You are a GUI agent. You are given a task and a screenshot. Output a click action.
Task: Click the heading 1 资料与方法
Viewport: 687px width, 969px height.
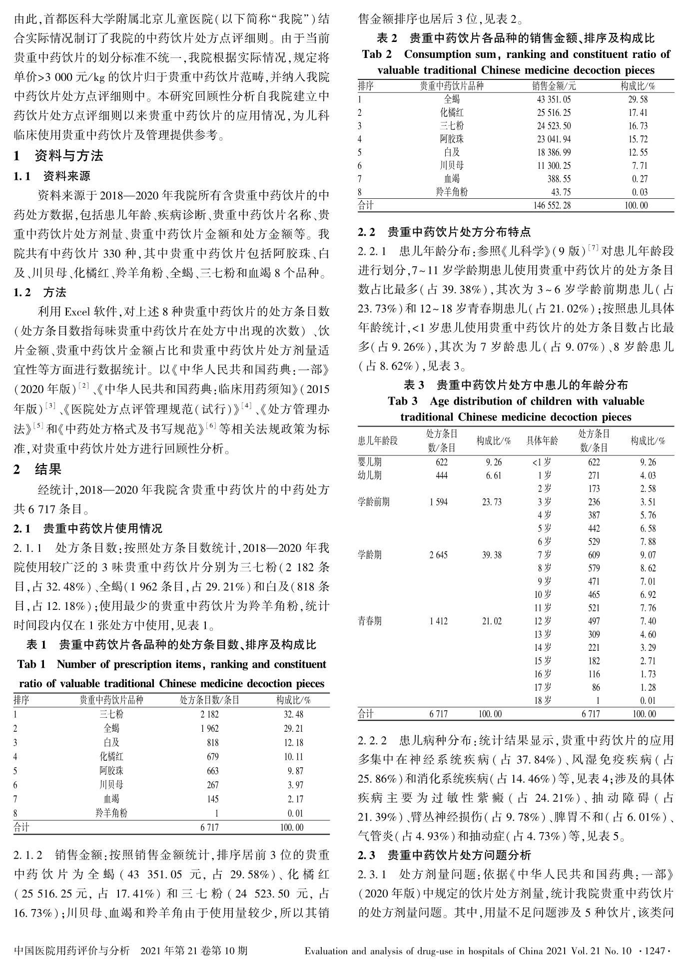click(58, 156)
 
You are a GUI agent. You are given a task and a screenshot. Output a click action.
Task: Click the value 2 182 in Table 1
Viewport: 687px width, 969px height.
click(209, 714)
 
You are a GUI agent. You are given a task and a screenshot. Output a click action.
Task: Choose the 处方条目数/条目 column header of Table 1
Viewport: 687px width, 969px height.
click(209, 700)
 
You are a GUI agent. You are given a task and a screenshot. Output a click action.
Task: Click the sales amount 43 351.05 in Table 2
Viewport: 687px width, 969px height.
click(554, 99)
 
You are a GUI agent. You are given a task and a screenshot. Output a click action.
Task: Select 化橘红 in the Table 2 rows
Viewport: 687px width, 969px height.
click(452, 112)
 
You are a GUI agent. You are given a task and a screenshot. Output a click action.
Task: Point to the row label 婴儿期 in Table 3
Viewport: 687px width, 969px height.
click(370, 462)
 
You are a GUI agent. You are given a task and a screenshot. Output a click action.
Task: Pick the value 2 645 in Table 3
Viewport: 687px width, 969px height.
click(438, 555)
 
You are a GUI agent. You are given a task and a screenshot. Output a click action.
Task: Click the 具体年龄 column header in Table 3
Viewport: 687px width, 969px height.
click(542, 441)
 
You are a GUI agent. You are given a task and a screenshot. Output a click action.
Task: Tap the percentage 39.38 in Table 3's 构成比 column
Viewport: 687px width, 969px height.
click(492, 555)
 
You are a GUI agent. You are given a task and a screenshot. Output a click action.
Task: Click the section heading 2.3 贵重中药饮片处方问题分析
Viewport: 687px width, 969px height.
click(445, 856)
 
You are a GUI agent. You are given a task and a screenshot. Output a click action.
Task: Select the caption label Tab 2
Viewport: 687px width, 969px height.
click(377, 54)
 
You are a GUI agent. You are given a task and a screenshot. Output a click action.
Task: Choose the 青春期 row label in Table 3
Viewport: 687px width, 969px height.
click(370, 621)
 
